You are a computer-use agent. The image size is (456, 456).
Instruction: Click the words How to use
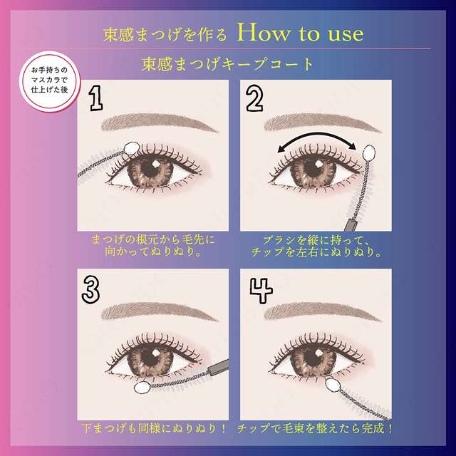coord(303,33)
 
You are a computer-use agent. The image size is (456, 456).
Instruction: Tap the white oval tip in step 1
coord(130,147)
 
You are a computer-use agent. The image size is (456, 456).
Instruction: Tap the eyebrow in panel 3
coord(158,311)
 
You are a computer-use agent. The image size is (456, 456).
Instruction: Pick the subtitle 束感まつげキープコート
coord(228,64)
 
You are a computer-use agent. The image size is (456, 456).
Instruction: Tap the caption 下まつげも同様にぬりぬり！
coord(154,429)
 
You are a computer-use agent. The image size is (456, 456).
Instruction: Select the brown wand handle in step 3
coord(214,370)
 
